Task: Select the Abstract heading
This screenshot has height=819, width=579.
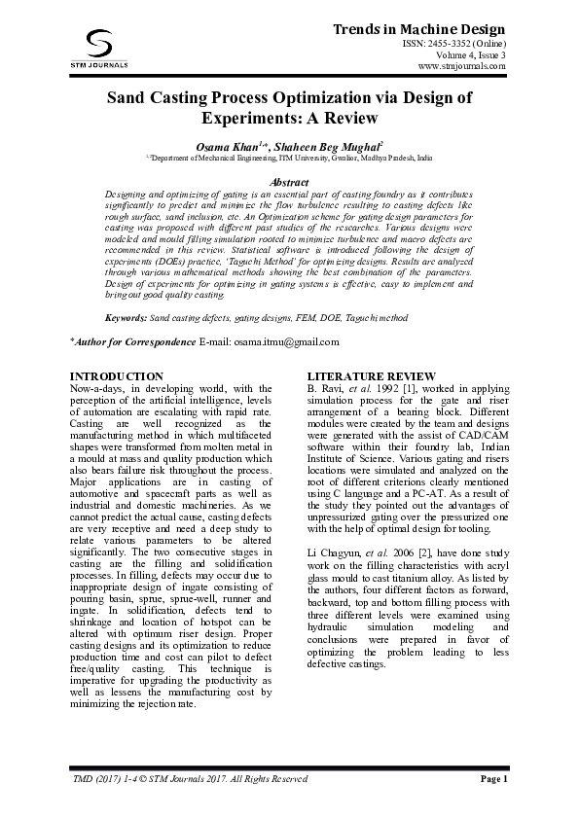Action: coord(289,182)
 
